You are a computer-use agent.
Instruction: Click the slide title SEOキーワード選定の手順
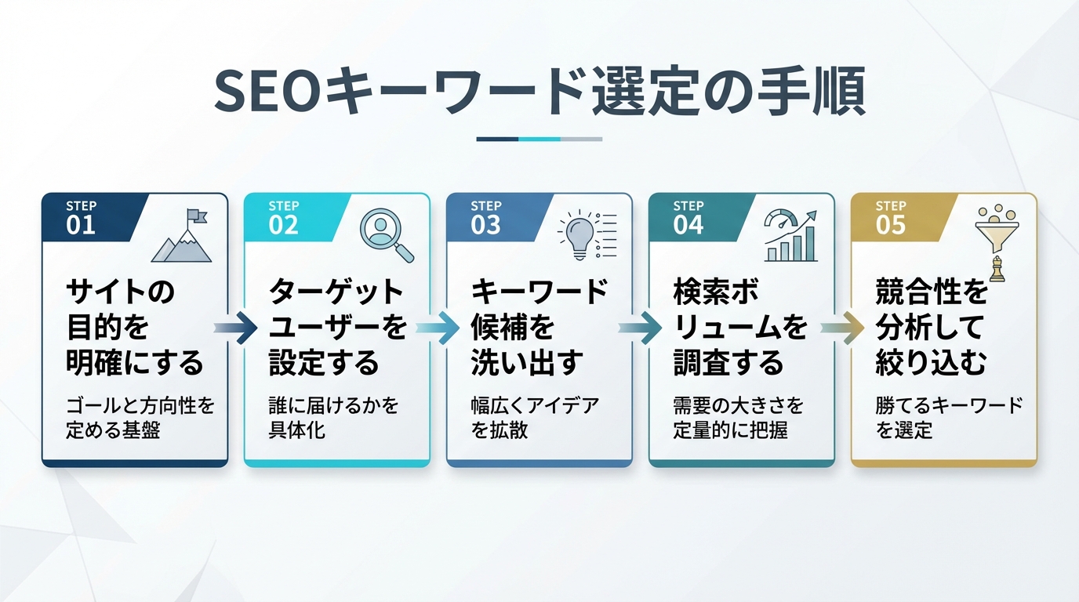[x=539, y=92]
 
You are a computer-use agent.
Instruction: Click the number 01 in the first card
[x=81, y=226]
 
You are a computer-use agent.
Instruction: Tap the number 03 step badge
[x=485, y=226]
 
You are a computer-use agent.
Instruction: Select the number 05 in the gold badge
[x=891, y=226]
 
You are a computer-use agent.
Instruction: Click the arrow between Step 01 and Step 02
[x=235, y=328]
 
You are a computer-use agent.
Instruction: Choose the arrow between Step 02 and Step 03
[x=438, y=328]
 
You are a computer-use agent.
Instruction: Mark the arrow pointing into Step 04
[x=640, y=328]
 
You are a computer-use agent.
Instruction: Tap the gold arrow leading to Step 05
[x=842, y=328]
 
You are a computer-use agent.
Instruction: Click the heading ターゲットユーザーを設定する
[x=337, y=328]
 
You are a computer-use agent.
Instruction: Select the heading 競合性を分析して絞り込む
[x=932, y=328]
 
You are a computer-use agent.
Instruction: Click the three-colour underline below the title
[x=539, y=139]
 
